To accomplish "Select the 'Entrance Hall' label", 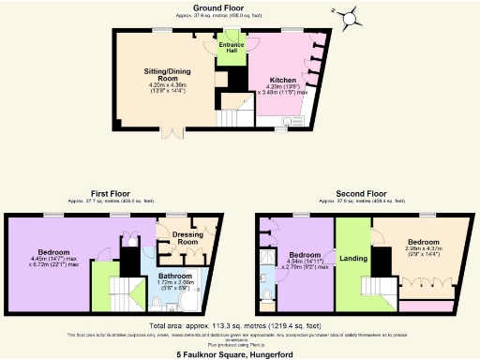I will tap(231, 48).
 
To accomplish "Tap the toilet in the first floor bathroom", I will tap(153, 301).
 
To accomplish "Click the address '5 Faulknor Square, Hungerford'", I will tap(240, 354).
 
